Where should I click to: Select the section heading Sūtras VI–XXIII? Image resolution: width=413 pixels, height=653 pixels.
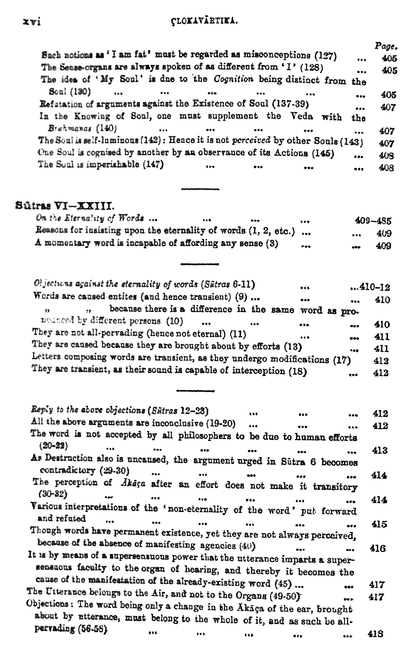65,206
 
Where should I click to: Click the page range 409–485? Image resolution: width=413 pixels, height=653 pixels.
373,221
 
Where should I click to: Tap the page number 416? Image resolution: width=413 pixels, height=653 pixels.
377,549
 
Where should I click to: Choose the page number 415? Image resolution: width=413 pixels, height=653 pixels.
379,524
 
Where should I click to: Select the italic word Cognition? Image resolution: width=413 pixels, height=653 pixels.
234,79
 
